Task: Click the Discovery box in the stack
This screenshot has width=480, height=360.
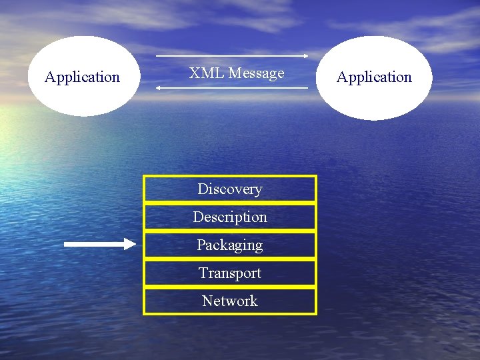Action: coord(230,189)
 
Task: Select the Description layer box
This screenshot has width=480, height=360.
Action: coord(230,217)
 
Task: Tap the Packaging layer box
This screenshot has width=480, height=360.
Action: coord(230,245)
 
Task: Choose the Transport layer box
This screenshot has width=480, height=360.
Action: coord(230,273)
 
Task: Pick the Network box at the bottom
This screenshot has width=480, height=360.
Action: coord(230,301)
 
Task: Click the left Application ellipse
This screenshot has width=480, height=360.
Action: coord(83,76)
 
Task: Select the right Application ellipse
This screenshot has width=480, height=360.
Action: coord(374,77)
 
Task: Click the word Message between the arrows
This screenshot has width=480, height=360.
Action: coord(256,73)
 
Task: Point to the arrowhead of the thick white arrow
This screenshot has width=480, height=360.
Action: coord(129,244)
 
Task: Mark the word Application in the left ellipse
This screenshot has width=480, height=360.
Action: coord(82,77)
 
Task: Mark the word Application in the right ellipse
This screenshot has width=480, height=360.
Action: coord(374,77)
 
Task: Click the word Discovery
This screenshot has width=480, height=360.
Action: coord(230,189)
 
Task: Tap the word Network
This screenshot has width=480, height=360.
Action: coord(230,301)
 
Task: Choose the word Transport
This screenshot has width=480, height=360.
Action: coord(230,273)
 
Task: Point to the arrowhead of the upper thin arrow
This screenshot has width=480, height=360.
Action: coord(305,56)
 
